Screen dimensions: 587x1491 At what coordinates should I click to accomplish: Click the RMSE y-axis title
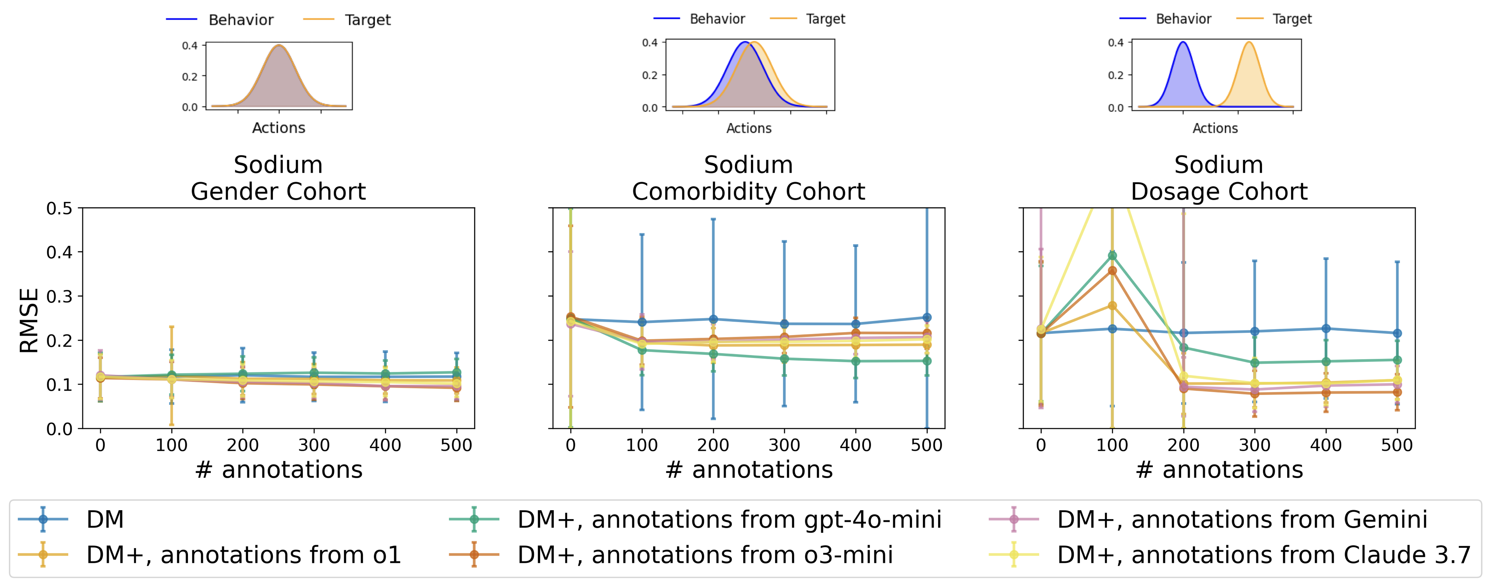click(29, 320)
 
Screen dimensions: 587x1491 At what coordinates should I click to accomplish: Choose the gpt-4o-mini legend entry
click(729, 519)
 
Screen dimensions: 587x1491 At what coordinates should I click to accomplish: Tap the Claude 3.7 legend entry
click(1263, 554)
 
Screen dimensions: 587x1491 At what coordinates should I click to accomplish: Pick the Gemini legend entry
click(1242, 519)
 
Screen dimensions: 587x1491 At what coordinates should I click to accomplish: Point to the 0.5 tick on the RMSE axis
click(60, 208)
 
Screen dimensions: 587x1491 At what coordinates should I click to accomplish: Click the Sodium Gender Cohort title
click(278, 178)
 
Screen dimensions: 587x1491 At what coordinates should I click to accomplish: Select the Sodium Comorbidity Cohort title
click(748, 178)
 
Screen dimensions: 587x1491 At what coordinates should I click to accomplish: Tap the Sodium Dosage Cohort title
click(1219, 178)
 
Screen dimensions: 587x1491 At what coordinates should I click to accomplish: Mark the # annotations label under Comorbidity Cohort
click(749, 469)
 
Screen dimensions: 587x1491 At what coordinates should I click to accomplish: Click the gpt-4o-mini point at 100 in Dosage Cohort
click(1112, 255)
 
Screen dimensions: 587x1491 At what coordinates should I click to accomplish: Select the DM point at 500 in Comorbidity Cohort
click(927, 317)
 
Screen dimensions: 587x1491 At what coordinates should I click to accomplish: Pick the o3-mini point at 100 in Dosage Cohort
click(1112, 270)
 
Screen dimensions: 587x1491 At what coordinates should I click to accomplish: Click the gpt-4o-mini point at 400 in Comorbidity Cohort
click(855, 361)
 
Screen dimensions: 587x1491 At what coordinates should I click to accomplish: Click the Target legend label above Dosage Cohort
click(1291, 19)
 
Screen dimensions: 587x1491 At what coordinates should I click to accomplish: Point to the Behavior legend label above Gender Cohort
click(241, 20)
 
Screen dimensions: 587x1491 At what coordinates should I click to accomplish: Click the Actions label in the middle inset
click(749, 129)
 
